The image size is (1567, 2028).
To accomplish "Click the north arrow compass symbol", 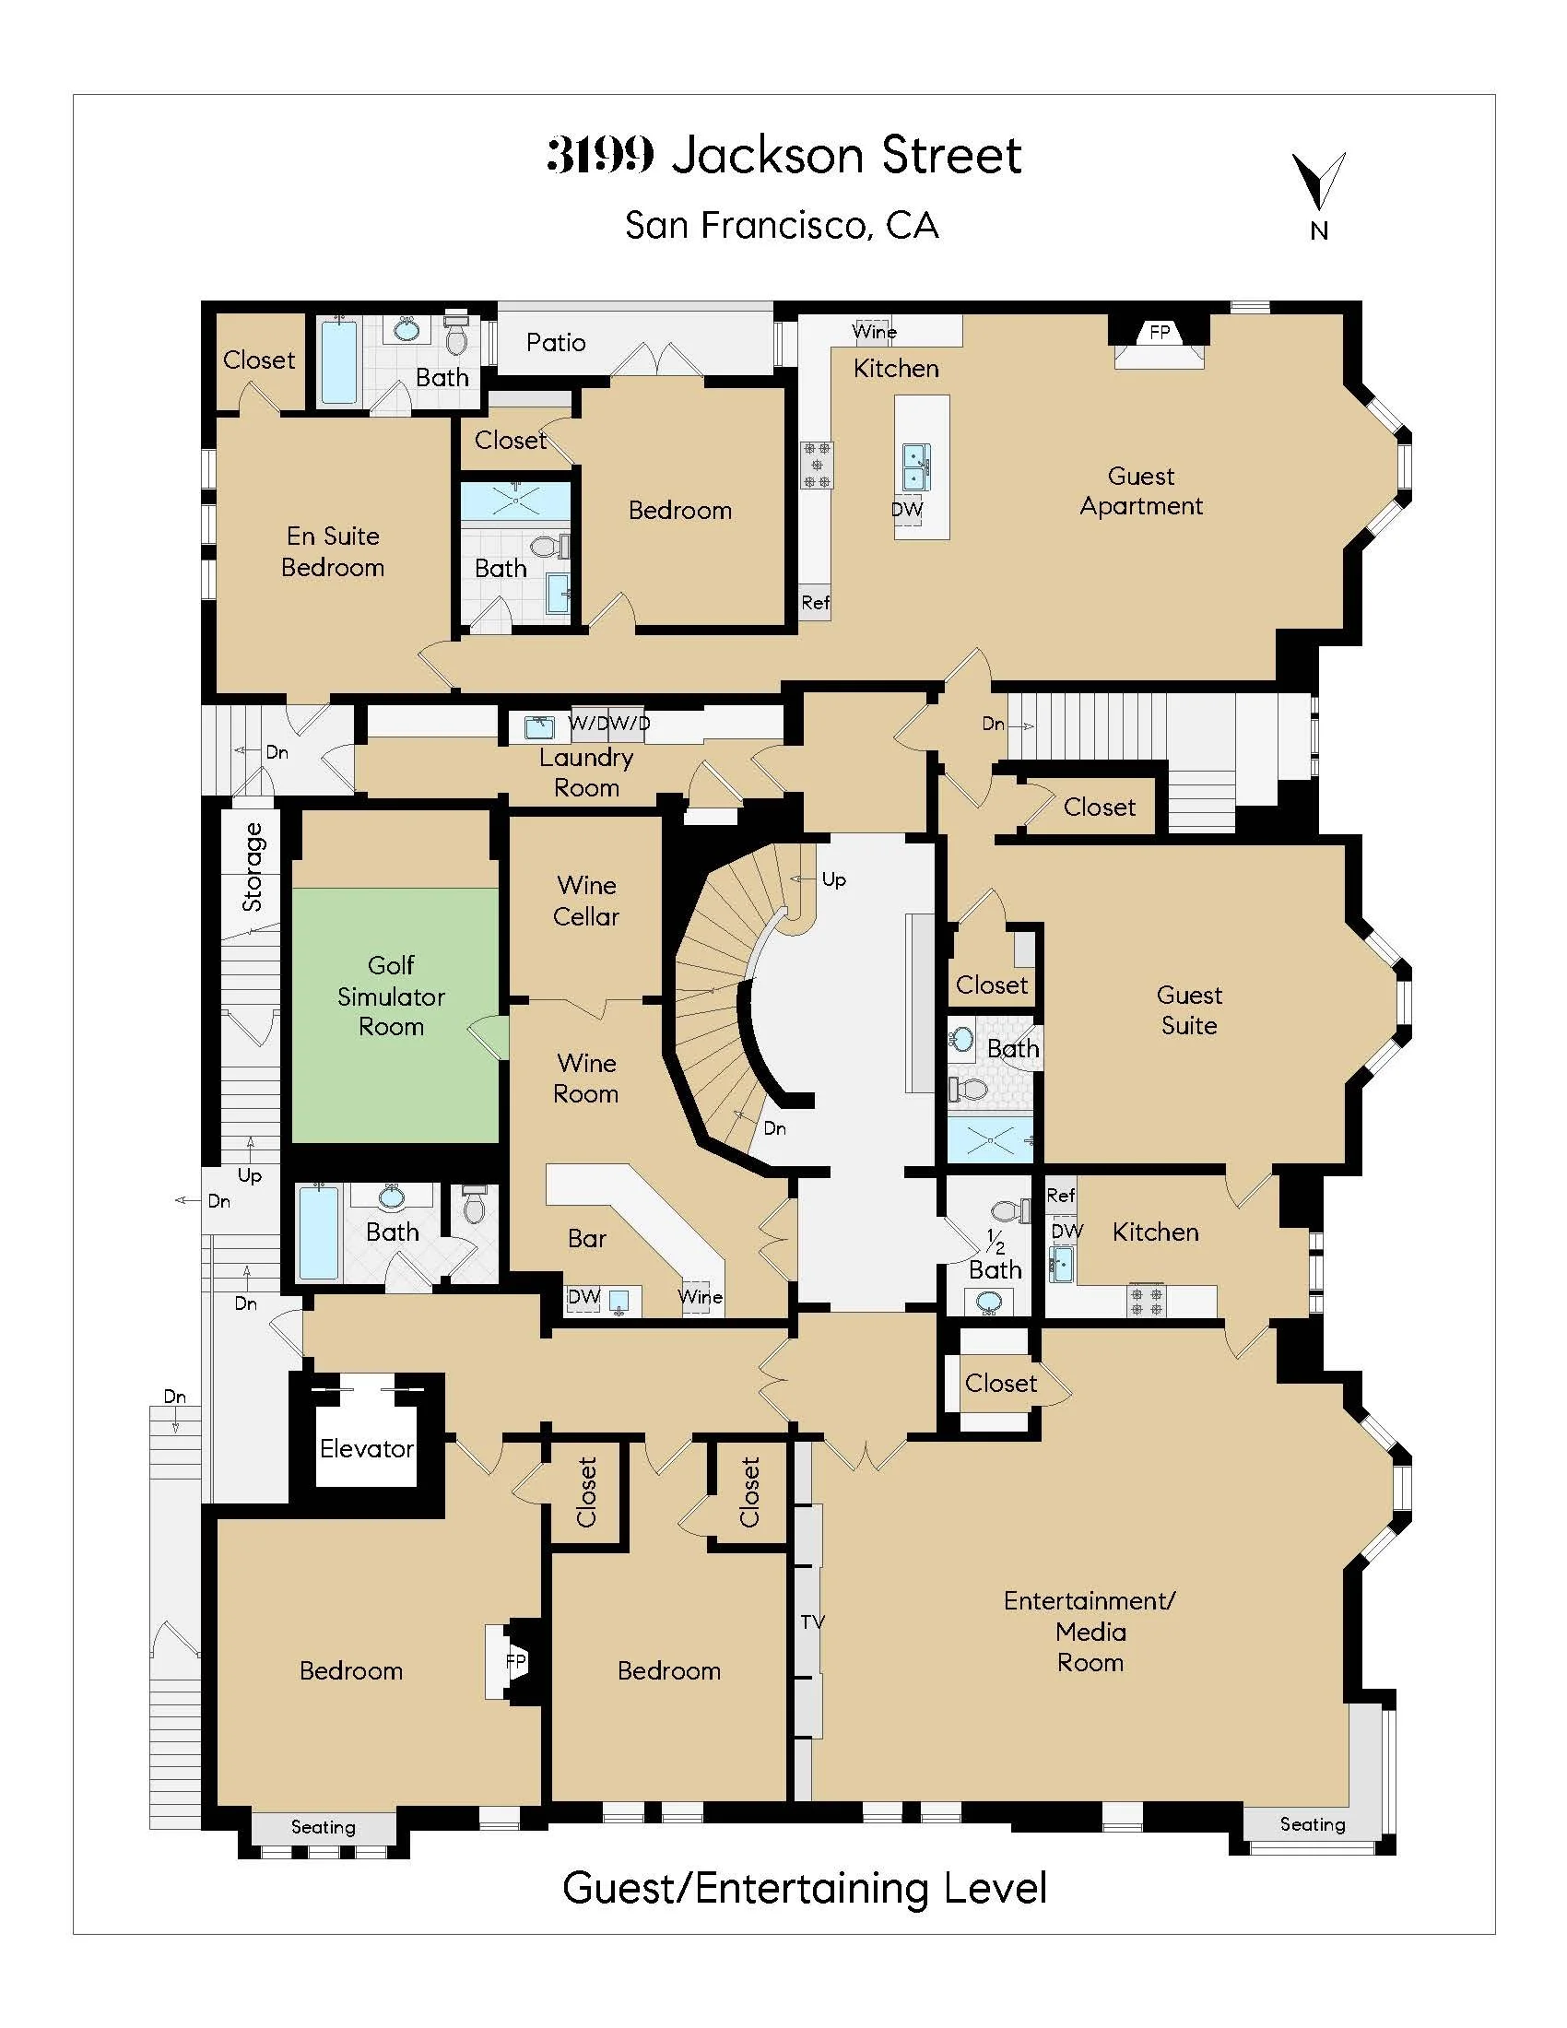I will pos(1318,182).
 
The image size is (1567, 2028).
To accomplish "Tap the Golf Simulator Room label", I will pos(391,996).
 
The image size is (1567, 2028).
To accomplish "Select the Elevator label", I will pos(366,1447).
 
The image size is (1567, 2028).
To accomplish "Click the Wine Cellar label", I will pos(585,900).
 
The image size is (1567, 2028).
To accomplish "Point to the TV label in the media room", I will pos(812,1621).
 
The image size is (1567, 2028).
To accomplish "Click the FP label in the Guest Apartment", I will pos(1160,332).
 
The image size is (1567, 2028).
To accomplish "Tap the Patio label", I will pos(555,343).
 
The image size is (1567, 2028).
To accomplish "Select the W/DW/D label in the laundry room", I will pos(609,722).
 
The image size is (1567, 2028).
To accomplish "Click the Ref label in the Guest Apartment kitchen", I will pos(815,602).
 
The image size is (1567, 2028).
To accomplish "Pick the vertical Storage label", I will pos(253,866).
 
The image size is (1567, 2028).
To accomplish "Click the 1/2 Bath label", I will pos(995,1256).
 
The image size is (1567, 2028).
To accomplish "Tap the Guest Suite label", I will pos(1188,1009).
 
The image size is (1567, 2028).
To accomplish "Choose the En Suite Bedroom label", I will pos(333,550).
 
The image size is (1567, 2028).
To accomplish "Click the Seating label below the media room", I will pos(1312,1823).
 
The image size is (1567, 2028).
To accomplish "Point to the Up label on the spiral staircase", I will pos(833,878).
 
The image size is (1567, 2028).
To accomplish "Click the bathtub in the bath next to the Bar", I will pos(317,1232).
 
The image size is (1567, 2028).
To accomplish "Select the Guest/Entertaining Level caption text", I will pos(804,1888).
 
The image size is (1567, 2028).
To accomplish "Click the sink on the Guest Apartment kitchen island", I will pos(915,466).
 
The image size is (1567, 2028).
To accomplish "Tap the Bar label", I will pos(586,1238).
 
